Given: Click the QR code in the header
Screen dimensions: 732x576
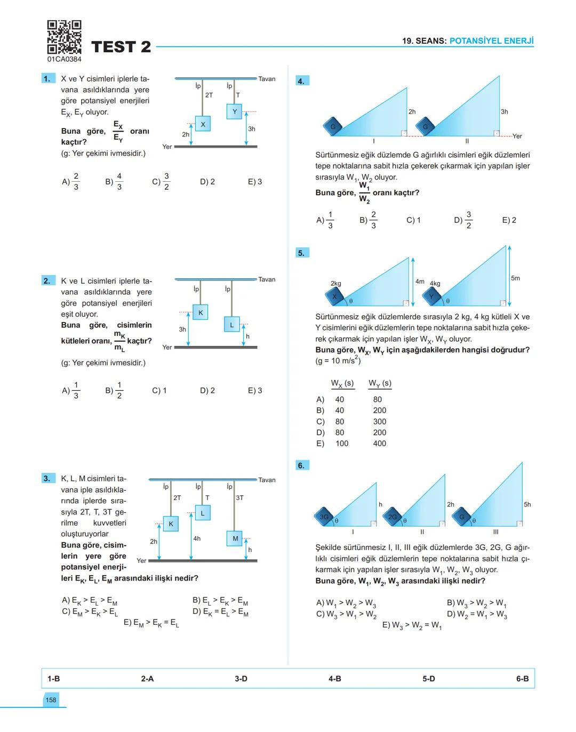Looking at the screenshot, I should (x=64, y=37).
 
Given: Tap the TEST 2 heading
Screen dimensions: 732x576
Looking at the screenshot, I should (x=121, y=47).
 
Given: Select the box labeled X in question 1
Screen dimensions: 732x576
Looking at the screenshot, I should (x=203, y=124).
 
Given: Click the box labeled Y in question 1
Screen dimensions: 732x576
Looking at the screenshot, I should (x=234, y=111).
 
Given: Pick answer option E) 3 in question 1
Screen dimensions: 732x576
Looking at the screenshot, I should (x=255, y=182).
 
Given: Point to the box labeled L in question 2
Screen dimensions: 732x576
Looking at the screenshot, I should (x=231, y=325).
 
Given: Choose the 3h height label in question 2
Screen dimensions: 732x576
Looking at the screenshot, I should (x=182, y=329).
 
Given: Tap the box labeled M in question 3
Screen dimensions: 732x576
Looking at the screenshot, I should (x=235, y=538).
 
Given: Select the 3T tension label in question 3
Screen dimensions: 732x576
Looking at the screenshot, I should (x=240, y=498).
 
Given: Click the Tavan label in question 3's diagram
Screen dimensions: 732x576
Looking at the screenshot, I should (x=267, y=480).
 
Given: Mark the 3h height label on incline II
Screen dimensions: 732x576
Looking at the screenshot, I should (x=504, y=112).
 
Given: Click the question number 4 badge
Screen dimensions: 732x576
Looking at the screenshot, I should (x=301, y=81).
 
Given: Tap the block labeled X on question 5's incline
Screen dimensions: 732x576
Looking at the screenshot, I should (x=335, y=296).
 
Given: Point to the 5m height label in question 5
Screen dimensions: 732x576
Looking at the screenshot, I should (x=515, y=278).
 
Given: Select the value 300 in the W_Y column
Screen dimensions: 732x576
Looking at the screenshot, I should (x=380, y=421).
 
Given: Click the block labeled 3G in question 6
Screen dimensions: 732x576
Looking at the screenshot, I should (x=323, y=517).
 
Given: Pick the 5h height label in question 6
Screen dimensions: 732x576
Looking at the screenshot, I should (x=527, y=504).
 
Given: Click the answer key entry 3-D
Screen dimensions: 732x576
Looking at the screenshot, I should (x=241, y=679).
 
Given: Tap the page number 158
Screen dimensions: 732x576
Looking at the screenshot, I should (x=51, y=700).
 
